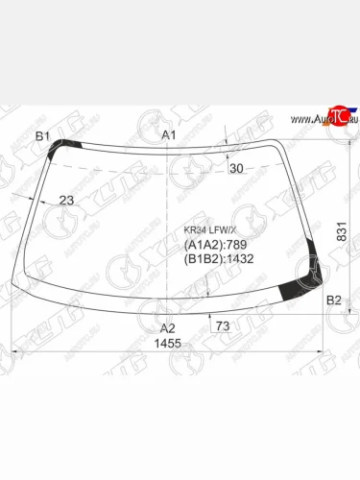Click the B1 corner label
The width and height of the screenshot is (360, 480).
point(42,136)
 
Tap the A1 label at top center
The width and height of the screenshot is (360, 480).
point(169,136)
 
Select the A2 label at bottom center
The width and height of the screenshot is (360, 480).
point(168,327)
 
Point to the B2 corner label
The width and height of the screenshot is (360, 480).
point(334,301)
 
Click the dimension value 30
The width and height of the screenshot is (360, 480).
point(236,169)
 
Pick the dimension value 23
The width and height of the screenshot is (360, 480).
point(66,200)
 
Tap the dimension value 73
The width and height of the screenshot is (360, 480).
point(224,327)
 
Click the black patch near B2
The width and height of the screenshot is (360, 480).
point(300,281)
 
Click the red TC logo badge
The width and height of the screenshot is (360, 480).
point(337,112)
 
